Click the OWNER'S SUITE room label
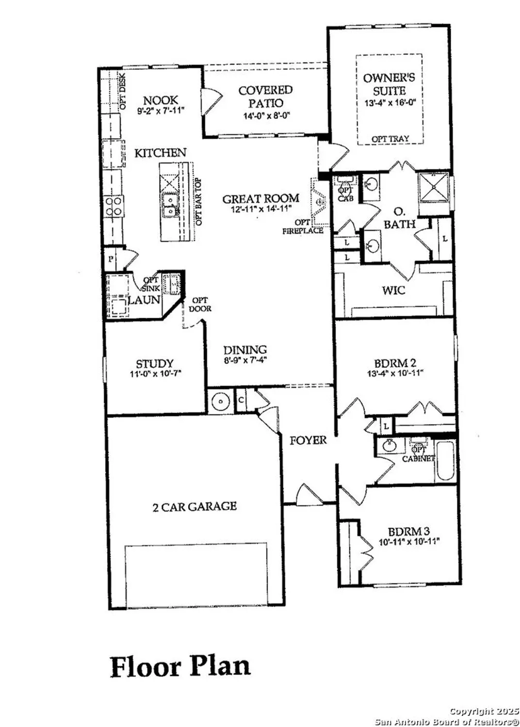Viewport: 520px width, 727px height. tap(389, 84)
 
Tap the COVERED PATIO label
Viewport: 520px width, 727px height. tap(265, 96)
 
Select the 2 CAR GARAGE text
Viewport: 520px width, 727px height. tap(195, 506)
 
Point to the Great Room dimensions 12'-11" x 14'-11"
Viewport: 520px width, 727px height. tap(261, 209)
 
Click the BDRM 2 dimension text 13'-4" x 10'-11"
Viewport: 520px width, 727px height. tap(395, 373)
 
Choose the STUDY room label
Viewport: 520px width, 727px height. tap(154, 363)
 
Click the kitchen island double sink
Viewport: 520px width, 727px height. tap(169, 205)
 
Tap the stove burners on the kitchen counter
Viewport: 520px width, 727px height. tap(114, 206)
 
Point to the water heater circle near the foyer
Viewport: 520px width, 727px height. tap(220, 401)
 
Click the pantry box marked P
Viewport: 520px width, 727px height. tap(111, 259)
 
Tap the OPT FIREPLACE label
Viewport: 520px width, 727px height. tap(303, 227)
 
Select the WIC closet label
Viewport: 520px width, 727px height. tap(393, 290)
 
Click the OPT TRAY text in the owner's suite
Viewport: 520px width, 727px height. tap(390, 139)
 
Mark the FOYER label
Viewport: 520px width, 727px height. tap(308, 440)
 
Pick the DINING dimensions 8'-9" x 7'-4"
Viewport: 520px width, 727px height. tap(245, 360)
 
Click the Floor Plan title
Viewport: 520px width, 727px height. tap(180, 667)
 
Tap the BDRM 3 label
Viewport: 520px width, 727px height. tap(408, 531)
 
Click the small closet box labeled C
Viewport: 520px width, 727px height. tap(241, 400)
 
